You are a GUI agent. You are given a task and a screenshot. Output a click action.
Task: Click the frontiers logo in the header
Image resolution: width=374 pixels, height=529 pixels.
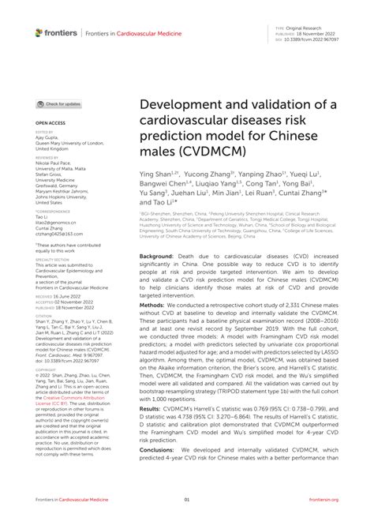56,32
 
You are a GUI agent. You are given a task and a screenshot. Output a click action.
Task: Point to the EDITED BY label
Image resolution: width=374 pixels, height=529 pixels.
45,133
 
